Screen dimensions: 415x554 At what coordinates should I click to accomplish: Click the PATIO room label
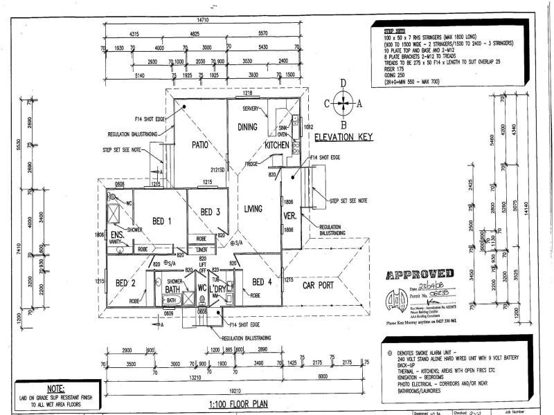click(200, 145)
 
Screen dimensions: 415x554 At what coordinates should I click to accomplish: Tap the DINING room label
click(247, 127)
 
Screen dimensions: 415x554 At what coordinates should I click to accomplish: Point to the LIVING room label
click(257, 207)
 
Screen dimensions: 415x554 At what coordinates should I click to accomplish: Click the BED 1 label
click(163, 221)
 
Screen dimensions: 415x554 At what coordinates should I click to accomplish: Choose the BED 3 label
click(209, 212)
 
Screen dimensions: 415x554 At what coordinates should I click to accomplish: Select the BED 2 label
click(125, 283)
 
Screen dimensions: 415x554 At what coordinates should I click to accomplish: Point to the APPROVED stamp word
click(420, 274)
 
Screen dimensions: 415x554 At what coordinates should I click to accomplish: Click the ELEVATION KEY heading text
click(344, 137)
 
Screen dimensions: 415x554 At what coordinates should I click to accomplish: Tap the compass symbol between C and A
click(343, 104)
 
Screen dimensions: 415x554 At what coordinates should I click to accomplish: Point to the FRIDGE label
click(252, 164)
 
